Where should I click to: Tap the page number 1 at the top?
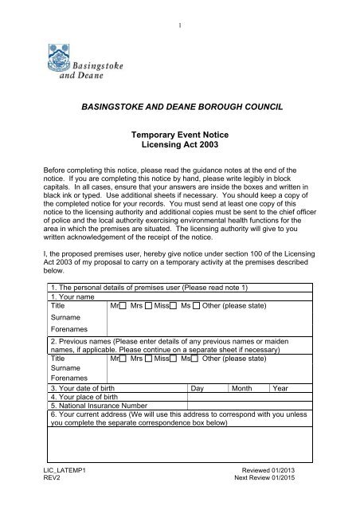(x=180, y=10)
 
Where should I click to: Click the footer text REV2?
(x=53, y=504)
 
